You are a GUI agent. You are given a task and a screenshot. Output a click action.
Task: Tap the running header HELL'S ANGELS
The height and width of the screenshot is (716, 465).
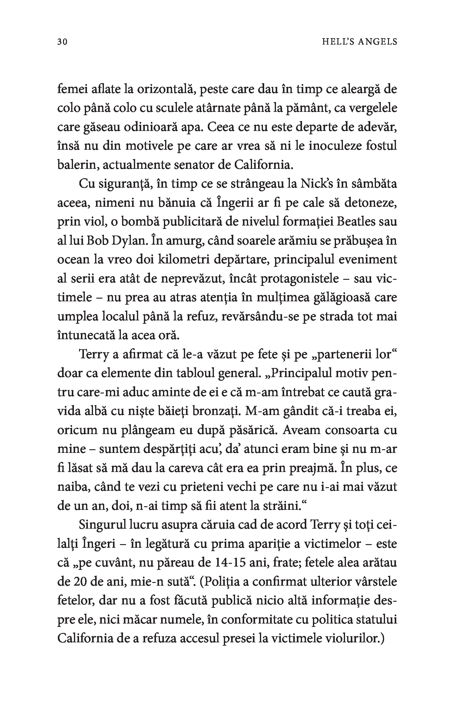point(359,42)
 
